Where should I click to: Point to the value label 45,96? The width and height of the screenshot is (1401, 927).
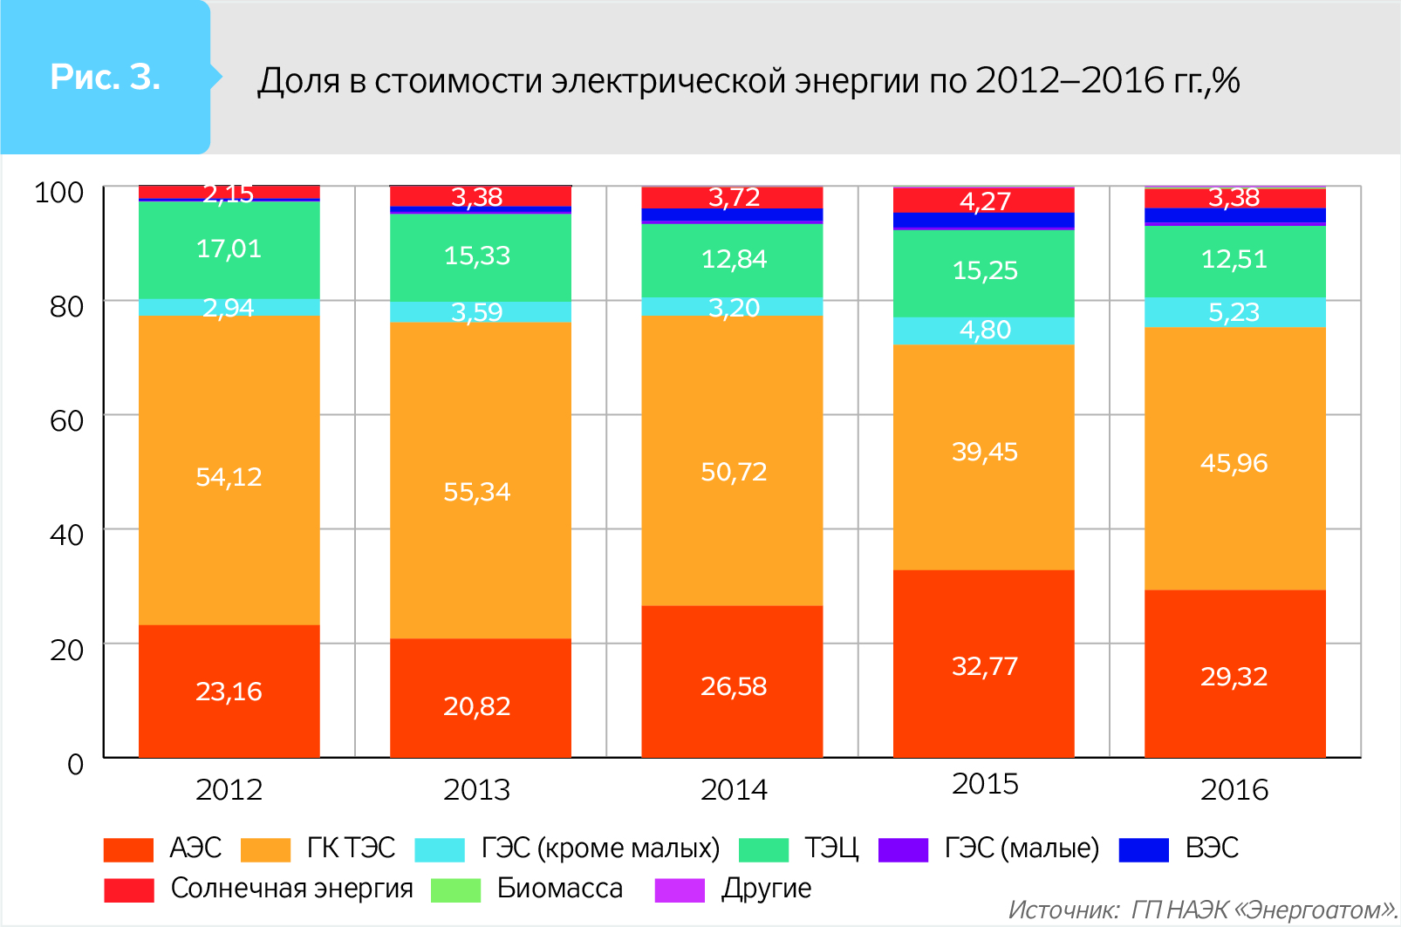coord(1234,463)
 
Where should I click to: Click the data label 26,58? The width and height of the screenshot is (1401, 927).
coord(734,686)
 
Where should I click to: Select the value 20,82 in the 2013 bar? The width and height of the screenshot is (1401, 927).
coord(476,705)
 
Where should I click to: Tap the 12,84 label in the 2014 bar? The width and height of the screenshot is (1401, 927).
coord(734,259)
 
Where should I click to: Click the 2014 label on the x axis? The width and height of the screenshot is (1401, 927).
coord(734,789)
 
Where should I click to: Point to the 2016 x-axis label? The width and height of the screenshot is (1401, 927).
coord(1234,789)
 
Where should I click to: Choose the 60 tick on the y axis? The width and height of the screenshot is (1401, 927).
coord(67,420)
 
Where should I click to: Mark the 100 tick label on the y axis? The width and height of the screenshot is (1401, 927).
coord(58,192)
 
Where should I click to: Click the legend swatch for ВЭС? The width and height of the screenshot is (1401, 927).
coord(1143,849)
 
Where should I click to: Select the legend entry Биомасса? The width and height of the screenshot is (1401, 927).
coord(559,888)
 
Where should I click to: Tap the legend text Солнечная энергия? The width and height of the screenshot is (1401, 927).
coord(291,888)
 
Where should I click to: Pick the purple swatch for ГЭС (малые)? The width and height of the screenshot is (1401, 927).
coord(903,849)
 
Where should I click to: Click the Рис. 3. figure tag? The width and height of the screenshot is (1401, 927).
coord(106,78)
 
